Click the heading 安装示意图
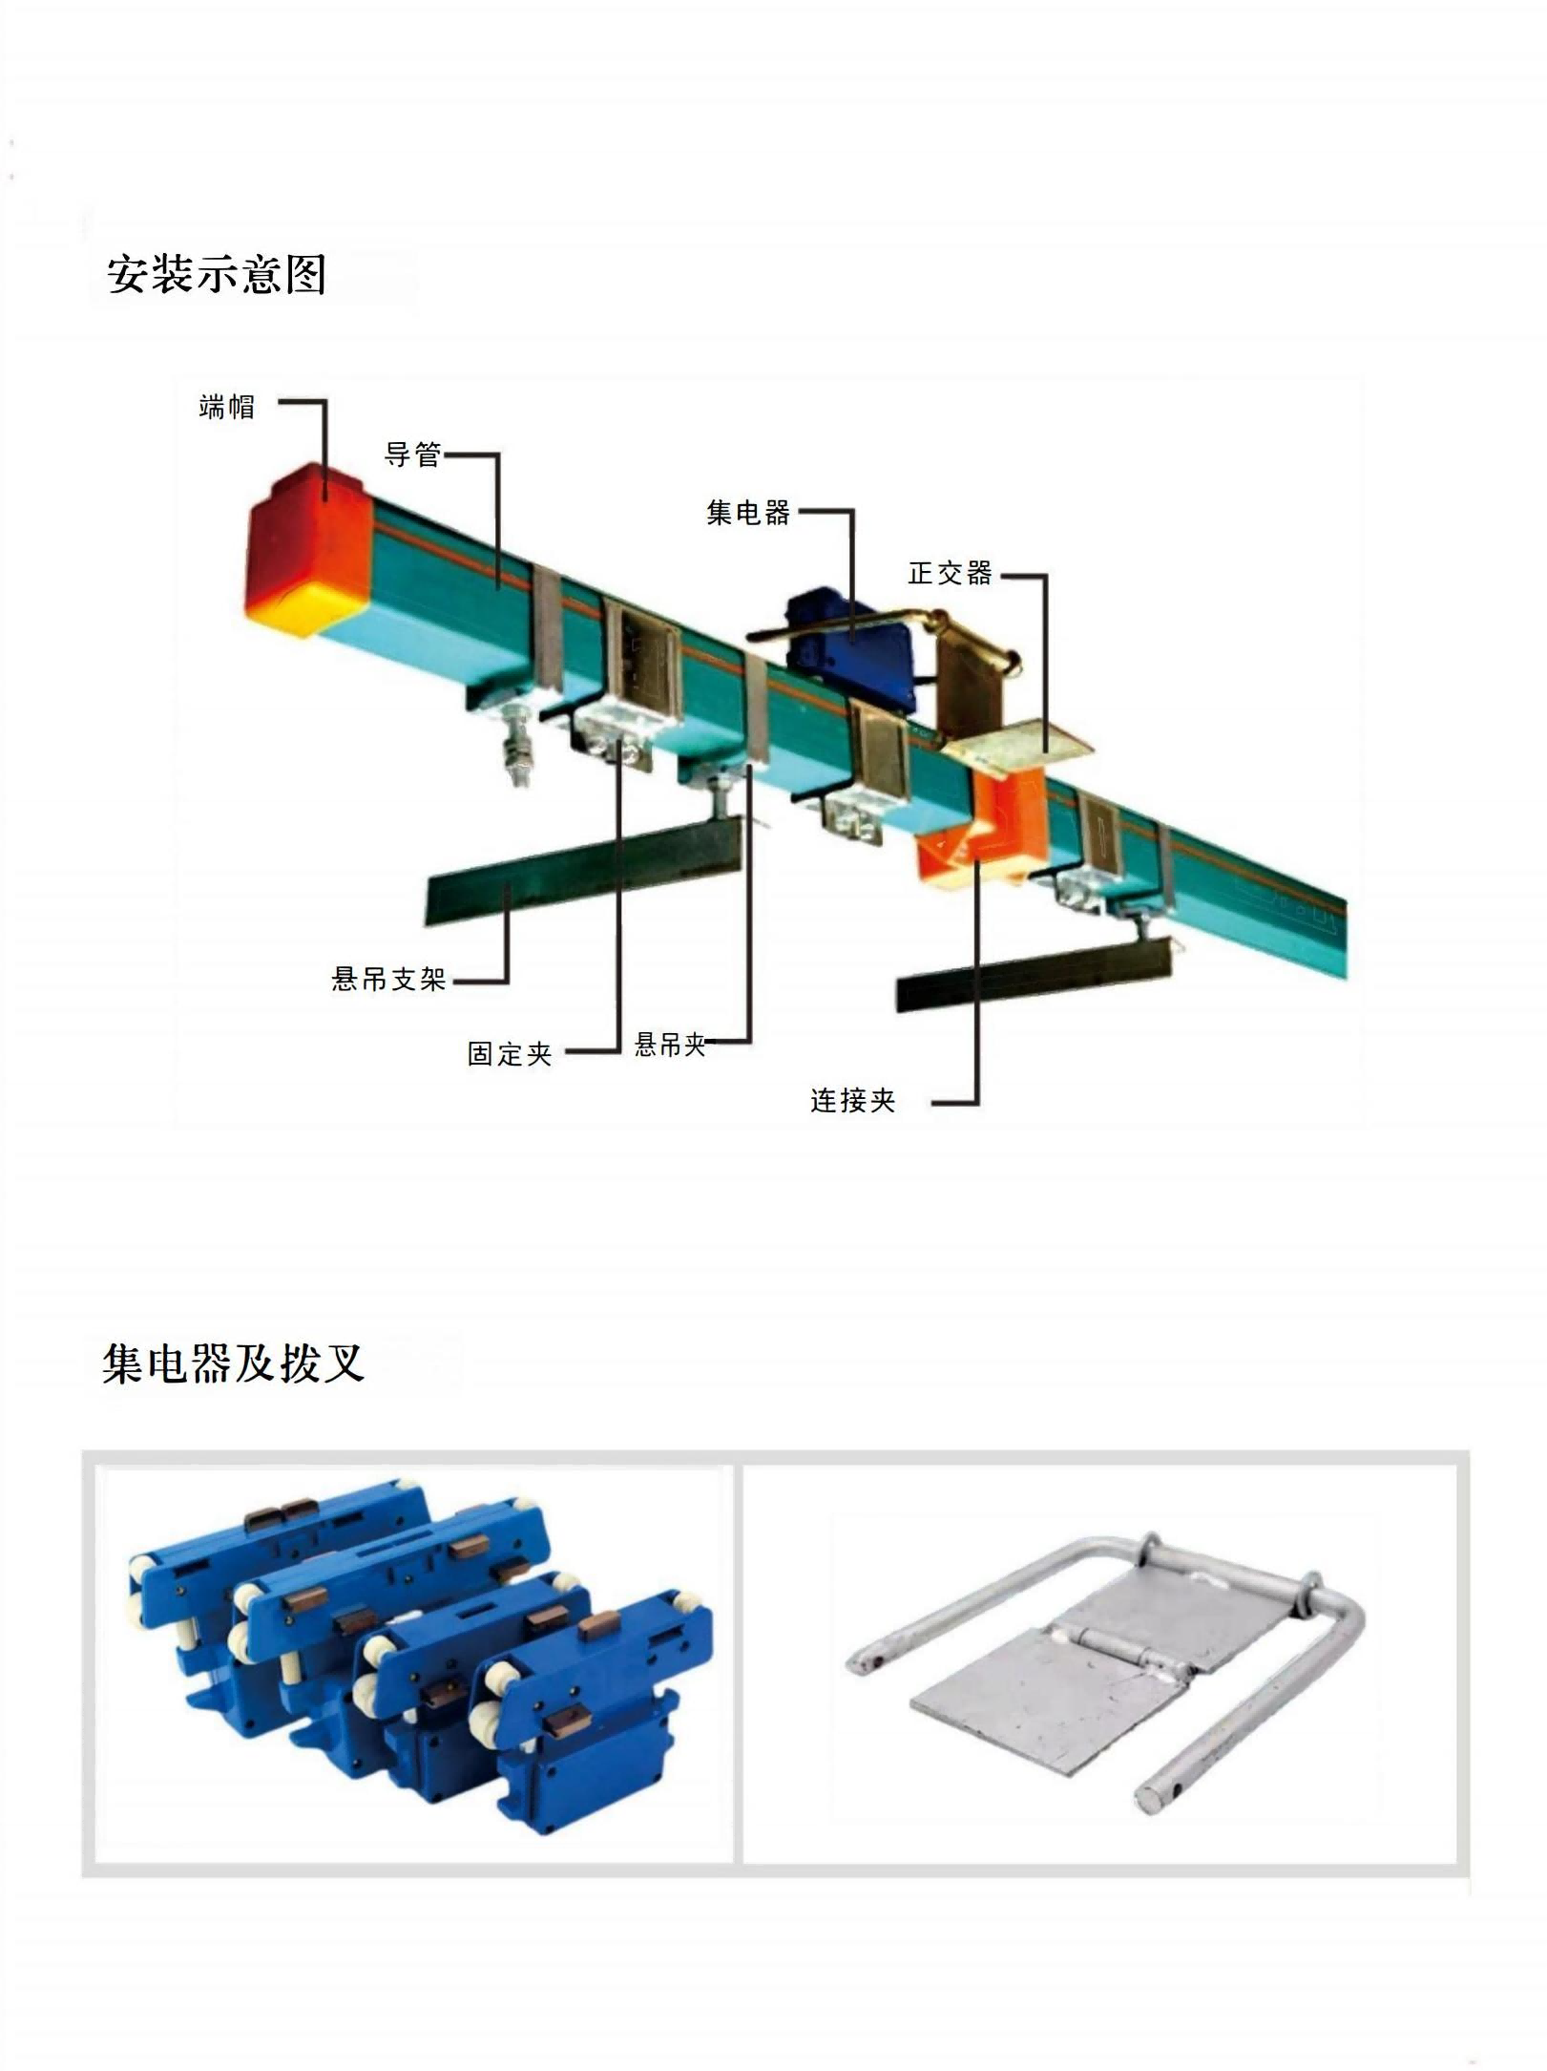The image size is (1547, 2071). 217,275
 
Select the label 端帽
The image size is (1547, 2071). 227,408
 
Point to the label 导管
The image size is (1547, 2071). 412,454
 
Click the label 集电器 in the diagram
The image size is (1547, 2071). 748,513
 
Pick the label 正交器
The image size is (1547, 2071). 950,573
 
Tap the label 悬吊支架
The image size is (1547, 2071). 388,979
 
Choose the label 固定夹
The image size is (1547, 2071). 510,1054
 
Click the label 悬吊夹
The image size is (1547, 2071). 670,1044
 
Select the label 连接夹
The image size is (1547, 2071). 852,1101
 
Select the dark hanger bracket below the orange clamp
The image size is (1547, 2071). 1031,974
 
